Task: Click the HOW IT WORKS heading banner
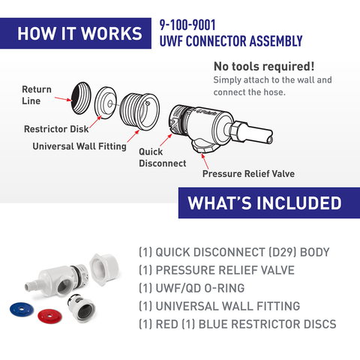[x=79, y=34]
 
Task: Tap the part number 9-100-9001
[x=187, y=25]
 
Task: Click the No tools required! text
[x=264, y=66]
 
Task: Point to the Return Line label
[x=36, y=94]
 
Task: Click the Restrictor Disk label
[x=56, y=129]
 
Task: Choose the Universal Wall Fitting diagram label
[x=79, y=146]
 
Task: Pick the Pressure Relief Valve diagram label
[x=248, y=174]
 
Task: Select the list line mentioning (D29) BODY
[x=234, y=253]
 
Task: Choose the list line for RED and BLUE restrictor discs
[x=237, y=325]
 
